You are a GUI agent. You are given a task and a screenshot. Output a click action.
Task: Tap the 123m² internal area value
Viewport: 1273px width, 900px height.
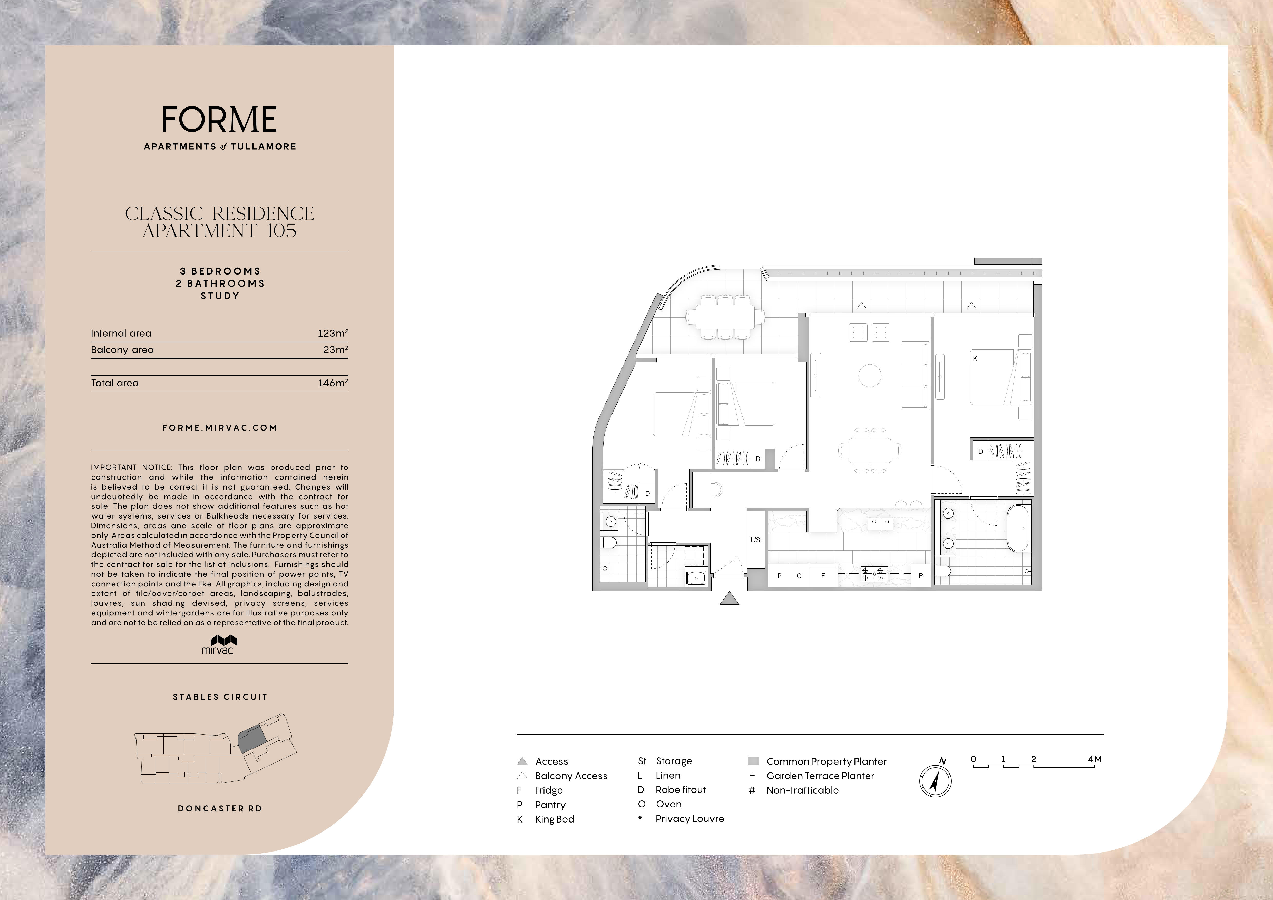333,333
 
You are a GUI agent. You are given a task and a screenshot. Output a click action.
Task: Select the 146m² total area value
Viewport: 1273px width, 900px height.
333,383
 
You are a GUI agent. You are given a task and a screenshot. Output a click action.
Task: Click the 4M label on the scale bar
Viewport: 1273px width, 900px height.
1094,759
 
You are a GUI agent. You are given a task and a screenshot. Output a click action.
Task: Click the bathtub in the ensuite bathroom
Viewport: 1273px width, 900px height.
1017,528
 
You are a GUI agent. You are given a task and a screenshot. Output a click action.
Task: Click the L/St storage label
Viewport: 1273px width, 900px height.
756,540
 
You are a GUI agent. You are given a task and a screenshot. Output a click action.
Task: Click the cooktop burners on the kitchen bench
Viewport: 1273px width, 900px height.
874,574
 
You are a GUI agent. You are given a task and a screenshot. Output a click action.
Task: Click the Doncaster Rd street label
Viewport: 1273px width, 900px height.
220,809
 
